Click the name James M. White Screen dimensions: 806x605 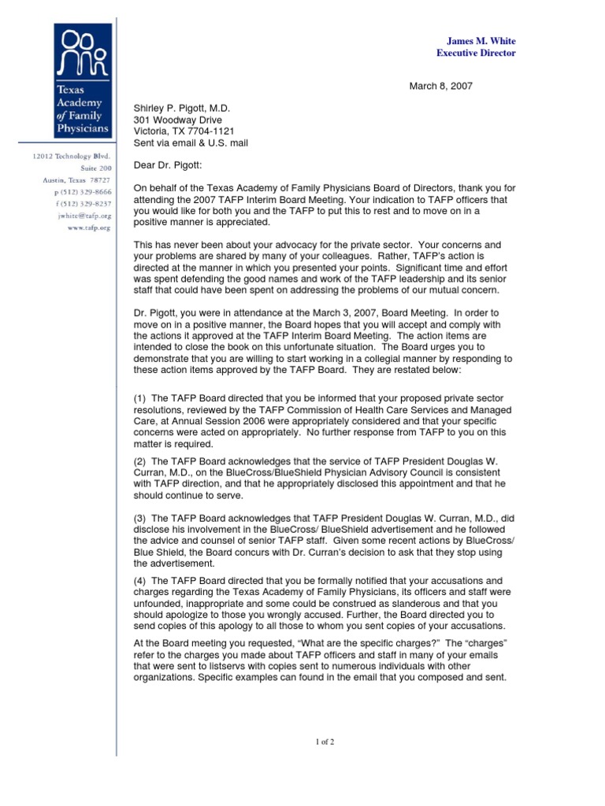click(x=481, y=41)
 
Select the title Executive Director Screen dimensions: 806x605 click(x=476, y=54)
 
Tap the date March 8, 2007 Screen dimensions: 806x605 click(x=440, y=87)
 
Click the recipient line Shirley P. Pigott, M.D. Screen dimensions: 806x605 click(x=181, y=109)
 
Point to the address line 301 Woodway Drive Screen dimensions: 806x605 click(x=174, y=120)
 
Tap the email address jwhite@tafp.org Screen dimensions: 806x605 click(x=84, y=215)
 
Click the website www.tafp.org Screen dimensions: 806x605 click(x=87, y=227)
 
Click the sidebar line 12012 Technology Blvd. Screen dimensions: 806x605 click(x=72, y=157)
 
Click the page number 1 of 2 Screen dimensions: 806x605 click(x=325, y=742)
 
